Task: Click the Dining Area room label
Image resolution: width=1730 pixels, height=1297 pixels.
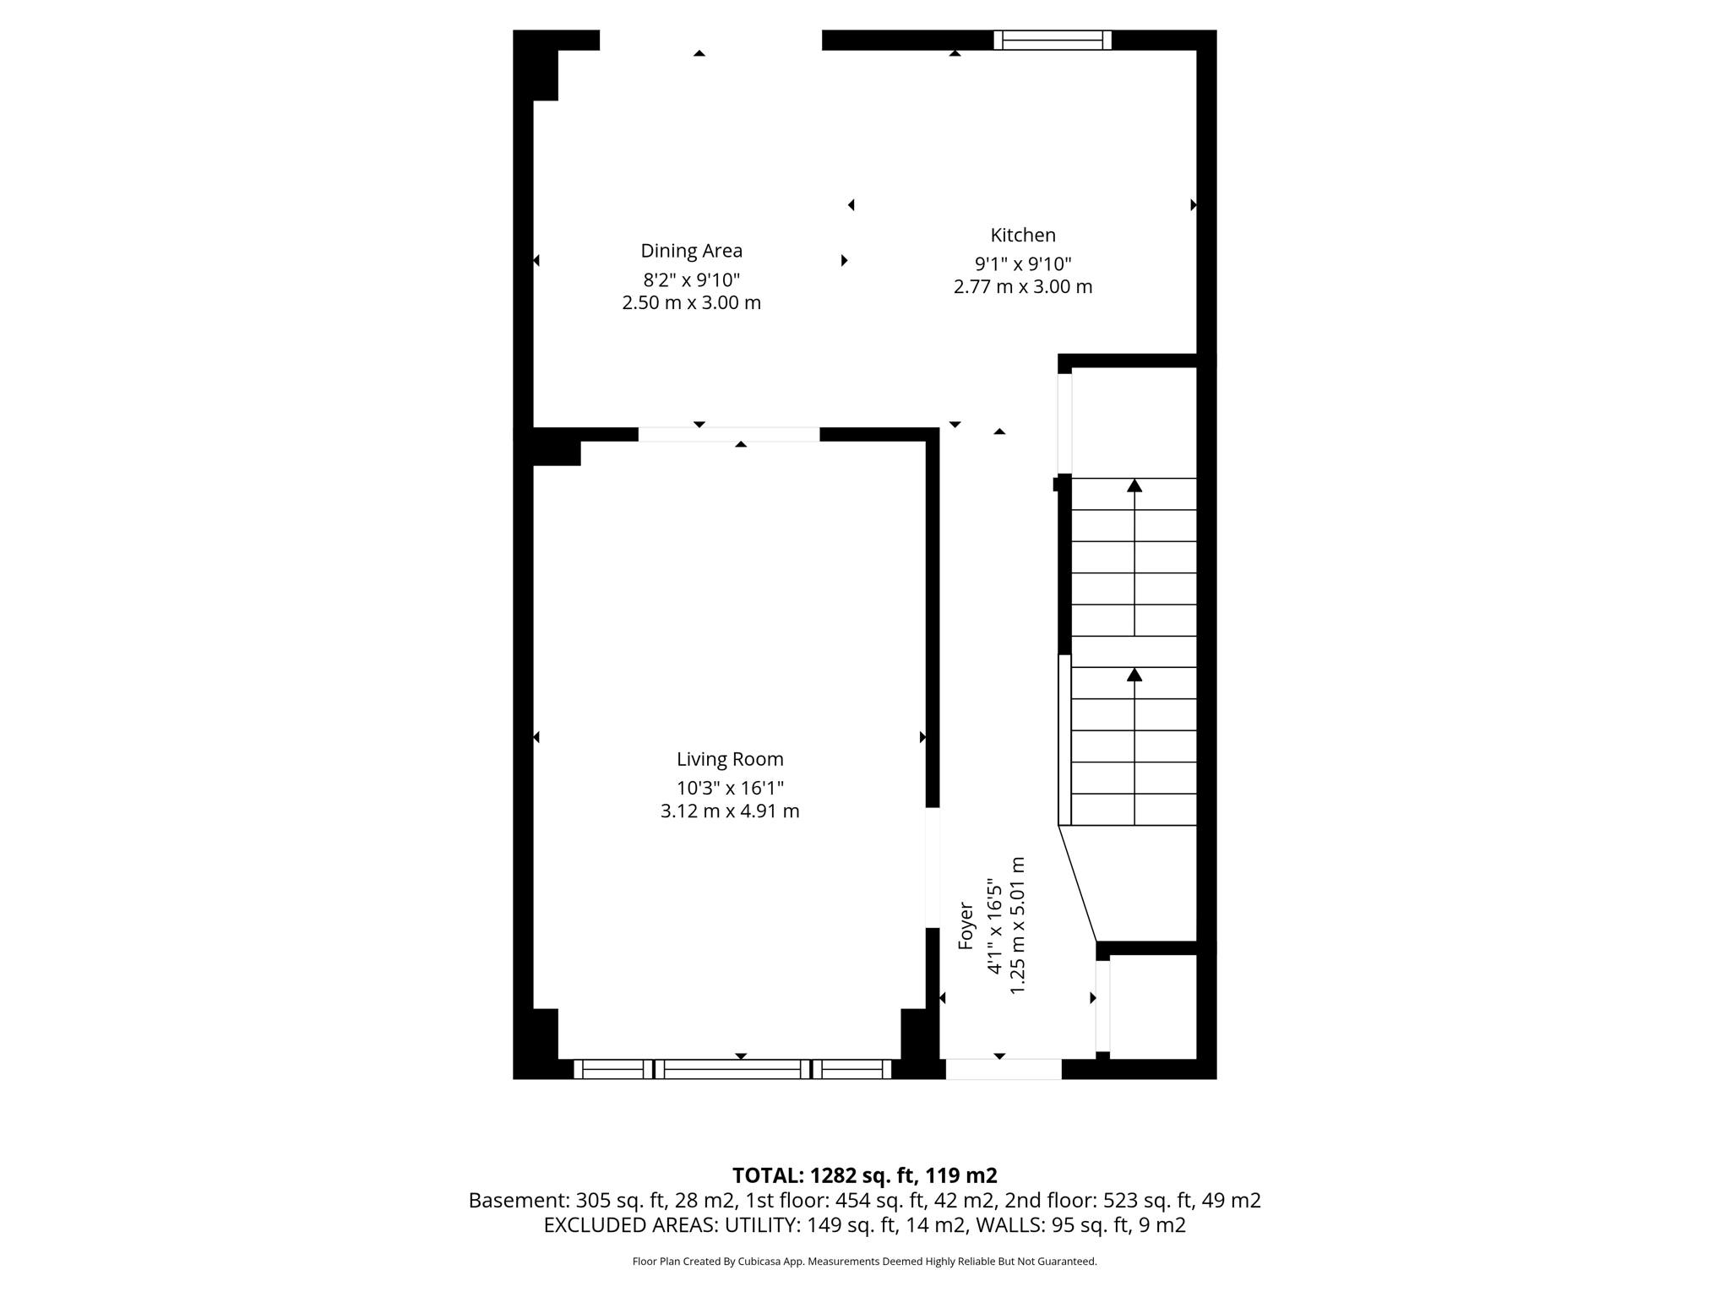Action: tap(691, 251)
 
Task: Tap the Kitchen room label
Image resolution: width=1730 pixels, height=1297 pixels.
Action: tap(1023, 235)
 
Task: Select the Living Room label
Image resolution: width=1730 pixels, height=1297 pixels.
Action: tap(730, 759)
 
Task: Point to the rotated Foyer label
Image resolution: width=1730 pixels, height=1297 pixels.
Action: tap(966, 926)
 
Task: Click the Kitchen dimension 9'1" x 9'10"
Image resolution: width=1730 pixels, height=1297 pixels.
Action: tap(1023, 264)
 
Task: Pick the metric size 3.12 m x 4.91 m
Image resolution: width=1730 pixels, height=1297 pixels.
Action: tap(730, 811)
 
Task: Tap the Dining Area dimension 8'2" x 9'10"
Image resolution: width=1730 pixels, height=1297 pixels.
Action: tap(691, 279)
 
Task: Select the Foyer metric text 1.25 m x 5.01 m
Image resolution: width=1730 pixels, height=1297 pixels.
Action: tap(1018, 925)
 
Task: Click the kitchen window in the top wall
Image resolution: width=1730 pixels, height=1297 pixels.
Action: tap(1052, 40)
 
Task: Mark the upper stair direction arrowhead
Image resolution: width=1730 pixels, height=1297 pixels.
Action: tap(1134, 486)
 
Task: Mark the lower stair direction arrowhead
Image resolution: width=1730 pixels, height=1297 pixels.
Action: tap(1134, 675)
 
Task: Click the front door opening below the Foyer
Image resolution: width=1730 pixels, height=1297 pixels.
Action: tap(1003, 1069)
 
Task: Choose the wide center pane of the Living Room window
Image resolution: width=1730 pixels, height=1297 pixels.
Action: tap(732, 1069)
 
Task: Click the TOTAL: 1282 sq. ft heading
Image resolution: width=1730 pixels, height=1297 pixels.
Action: tap(864, 1175)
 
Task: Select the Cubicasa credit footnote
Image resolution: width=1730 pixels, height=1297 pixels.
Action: tap(864, 1262)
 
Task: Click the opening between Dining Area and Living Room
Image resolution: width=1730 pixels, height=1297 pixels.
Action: tap(728, 434)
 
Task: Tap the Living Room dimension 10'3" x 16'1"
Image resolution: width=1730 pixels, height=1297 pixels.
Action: tap(730, 788)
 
